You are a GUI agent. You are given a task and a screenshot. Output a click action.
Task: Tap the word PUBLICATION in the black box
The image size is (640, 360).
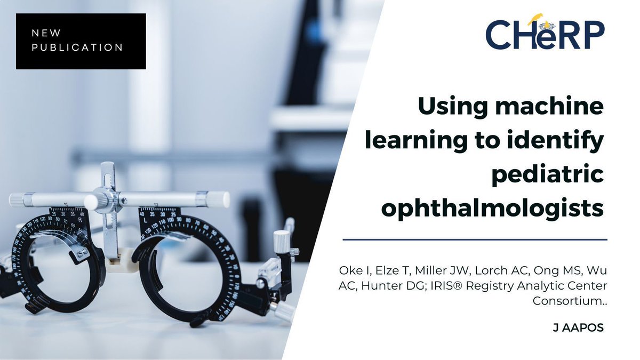(77, 47)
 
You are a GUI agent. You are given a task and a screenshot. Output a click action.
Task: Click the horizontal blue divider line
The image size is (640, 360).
(475, 239)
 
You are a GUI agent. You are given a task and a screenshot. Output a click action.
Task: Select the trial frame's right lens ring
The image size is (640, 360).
(189, 267)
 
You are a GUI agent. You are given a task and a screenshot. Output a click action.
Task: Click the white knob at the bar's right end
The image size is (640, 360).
(218, 199)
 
